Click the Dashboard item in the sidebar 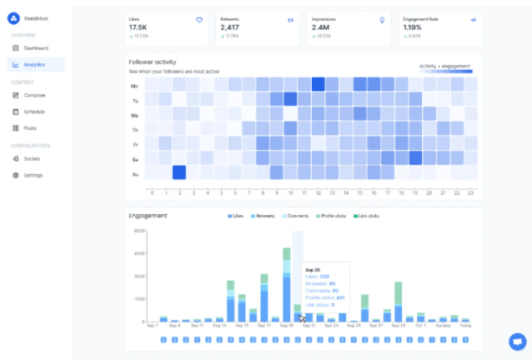(35, 47)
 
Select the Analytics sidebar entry (34, 64)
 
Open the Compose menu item (33, 95)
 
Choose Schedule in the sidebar (34, 111)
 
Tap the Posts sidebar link (30, 127)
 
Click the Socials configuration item (32, 158)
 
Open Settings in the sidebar (33, 175)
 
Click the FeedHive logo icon (13, 17)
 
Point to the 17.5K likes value (138, 27)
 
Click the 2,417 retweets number (229, 27)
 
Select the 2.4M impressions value (321, 27)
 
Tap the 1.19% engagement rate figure (412, 27)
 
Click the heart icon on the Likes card (199, 18)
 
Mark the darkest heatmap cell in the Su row (179, 172)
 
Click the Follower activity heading (152, 62)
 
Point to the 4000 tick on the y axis (140, 253)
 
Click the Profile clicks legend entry (329, 217)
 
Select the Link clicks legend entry (365, 217)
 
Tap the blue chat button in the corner (517, 342)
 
